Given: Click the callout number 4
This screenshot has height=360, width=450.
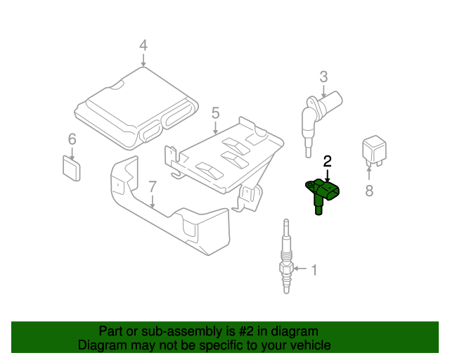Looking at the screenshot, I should point(143,46).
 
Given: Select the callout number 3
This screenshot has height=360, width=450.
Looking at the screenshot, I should point(323,76).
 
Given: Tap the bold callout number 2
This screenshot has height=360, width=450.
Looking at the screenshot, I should point(327,162).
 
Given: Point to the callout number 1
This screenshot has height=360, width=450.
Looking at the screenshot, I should point(314,269).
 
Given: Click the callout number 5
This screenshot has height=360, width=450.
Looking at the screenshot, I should point(215,112).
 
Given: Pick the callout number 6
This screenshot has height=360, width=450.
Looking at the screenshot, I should point(72,139).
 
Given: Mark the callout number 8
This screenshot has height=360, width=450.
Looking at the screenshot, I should point(369,190).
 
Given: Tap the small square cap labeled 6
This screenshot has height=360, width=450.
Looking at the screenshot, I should point(70,167).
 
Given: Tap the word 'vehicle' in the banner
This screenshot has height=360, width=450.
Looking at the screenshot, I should point(309,345).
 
